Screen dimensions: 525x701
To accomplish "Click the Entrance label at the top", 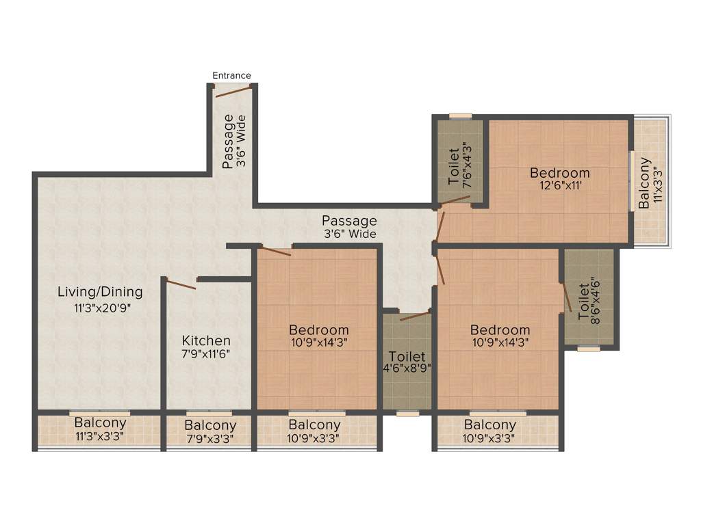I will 231,75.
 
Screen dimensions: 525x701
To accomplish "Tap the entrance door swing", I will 232,91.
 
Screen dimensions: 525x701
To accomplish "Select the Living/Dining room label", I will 100,292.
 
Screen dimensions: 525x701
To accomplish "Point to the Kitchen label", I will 206,340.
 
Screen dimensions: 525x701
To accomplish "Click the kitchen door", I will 181,283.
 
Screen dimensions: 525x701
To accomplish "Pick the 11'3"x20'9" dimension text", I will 101,308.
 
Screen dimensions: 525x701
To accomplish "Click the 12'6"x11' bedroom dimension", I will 559,185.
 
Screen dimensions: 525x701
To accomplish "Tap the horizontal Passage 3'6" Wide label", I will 349,227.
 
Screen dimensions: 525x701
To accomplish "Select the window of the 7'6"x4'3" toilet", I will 460,116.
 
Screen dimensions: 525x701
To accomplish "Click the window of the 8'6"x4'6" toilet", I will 588,349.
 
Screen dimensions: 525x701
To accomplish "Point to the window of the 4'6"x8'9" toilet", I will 408,413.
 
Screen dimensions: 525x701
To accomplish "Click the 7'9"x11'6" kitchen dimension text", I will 206,355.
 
